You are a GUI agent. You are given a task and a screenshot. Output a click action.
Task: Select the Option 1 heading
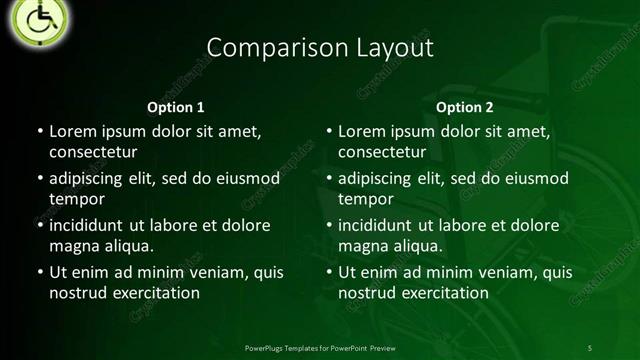pyautogui.click(x=176, y=107)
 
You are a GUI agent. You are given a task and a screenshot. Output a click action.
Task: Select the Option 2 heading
pyautogui.click(x=465, y=107)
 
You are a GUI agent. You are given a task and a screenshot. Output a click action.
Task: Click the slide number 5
pyautogui.click(x=590, y=347)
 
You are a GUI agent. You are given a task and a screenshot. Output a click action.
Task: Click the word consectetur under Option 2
pyautogui.click(x=382, y=152)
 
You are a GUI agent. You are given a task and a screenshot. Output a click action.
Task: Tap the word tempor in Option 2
pyautogui.click(x=366, y=199)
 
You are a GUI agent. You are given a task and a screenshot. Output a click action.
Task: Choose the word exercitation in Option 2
pyautogui.click(x=444, y=293)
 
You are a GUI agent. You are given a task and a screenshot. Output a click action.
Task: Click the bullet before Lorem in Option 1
pyautogui.click(x=40, y=131)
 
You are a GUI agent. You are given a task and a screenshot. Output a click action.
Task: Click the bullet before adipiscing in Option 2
pyautogui.click(x=330, y=178)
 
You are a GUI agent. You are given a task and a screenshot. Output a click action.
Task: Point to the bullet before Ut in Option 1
pyautogui.click(x=40, y=272)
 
